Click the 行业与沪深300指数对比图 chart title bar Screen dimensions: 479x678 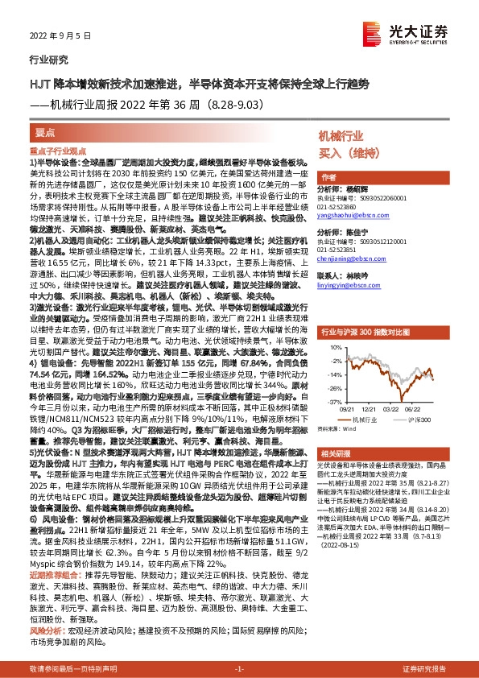click(379, 331)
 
